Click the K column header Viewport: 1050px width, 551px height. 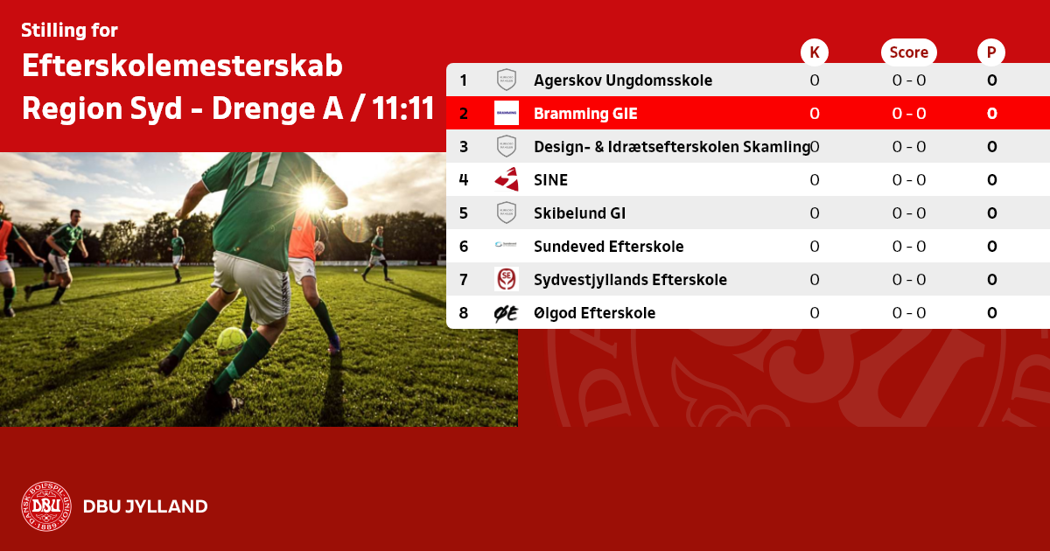[x=815, y=52]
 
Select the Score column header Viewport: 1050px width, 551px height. [x=909, y=52]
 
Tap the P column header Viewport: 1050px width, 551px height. [x=991, y=52]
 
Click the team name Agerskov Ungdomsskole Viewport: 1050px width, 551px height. [x=623, y=80]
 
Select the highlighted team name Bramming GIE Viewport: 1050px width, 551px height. [x=585, y=114]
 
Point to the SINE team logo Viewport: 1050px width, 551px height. [x=507, y=179]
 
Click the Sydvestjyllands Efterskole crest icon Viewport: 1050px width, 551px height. [x=507, y=279]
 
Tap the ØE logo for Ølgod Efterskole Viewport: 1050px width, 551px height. [x=507, y=313]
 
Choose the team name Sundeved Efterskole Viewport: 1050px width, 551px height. [x=608, y=247]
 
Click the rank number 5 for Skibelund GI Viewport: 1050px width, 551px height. [x=464, y=213]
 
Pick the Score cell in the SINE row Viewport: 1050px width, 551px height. [x=909, y=180]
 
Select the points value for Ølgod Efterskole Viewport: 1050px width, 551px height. [x=992, y=313]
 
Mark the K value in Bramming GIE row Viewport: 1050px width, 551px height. [x=815, y=114]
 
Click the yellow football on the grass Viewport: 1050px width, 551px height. [x=231, y=340]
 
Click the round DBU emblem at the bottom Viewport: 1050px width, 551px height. [x=46, y=506]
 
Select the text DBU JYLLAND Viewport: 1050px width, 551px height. [x=145, y=506]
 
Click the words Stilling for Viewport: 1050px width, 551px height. [x=69, y=31]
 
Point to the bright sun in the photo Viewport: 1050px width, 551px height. [x=313, y=198]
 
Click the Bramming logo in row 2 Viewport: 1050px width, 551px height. [x=507, y=113]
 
